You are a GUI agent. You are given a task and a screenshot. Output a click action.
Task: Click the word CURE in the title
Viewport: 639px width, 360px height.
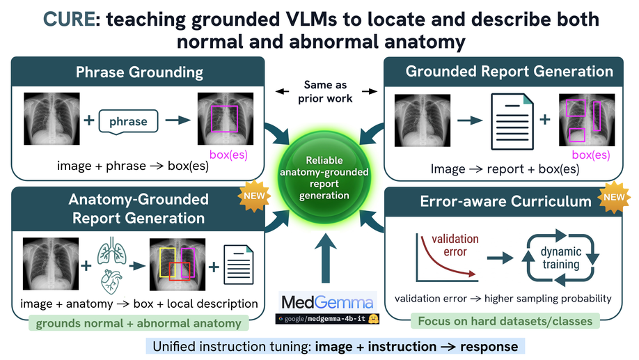coord(70,19)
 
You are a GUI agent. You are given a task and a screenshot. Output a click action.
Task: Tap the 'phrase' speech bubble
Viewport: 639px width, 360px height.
coord(128,121)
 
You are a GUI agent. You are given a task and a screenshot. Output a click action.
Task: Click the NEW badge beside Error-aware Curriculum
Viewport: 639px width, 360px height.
coord(614,197)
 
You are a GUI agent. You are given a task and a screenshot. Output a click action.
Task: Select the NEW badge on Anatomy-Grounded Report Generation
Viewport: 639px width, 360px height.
coord(254,196)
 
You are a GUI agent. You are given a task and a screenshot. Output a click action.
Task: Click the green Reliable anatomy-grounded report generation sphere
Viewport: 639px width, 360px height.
coord(324,178)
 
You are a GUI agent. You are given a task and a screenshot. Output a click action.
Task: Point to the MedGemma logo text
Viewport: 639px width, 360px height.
coord(327,302)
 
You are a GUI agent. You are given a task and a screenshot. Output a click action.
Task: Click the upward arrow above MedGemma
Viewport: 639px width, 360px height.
coord(325,258)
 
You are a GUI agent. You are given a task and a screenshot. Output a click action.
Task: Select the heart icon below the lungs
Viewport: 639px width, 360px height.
coord(111,281)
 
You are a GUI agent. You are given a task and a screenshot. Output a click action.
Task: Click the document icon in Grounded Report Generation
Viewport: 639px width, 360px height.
coord(512,121)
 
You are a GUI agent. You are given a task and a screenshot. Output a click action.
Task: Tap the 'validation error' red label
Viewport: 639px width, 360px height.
coord(455,245)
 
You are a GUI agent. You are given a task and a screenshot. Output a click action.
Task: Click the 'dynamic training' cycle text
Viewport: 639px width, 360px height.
coord(561,258)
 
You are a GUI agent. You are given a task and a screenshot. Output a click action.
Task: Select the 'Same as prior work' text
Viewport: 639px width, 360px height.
coord(325,91)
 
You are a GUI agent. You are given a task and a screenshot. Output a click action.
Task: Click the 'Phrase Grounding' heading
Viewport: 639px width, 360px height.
coord(139,72)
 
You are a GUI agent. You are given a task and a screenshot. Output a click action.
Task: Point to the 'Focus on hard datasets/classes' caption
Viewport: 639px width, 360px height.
coord(505,321)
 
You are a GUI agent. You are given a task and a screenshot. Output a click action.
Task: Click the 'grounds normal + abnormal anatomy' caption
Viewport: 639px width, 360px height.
coord(139,323)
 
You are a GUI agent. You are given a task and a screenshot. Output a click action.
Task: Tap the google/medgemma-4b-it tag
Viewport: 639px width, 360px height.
coord(327,319)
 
